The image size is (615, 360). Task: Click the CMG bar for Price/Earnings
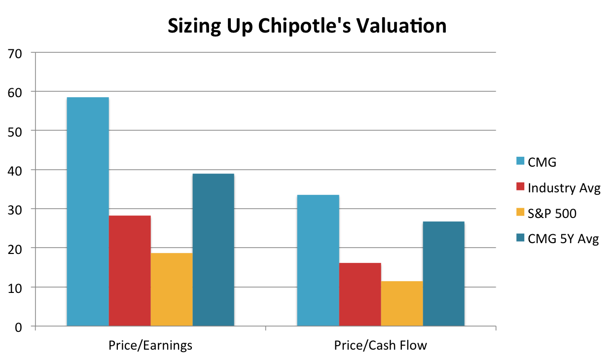click(x=88, y=212)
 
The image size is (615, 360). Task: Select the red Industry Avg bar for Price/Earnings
click(x=130, y=271)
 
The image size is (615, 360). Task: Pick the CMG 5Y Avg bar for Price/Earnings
click(x=213, y=250)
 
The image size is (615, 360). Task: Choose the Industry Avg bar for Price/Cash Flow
click(x=360, y=294)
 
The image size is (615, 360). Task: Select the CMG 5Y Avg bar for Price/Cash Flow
click(x=443, y=274)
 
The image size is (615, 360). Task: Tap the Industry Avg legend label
click(x=564, y=188)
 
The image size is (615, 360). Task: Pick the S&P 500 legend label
click(x=551, y=214)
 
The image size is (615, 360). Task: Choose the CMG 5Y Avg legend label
click(x=563, y=240)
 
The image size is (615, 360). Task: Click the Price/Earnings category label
click(x=150, y=345)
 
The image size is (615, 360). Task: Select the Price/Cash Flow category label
click(x=380, y=345)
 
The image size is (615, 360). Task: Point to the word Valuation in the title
click(x=401, y=26)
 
